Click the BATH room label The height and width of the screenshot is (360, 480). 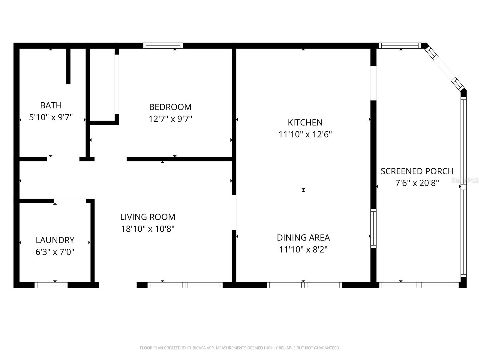[x=51, y=105]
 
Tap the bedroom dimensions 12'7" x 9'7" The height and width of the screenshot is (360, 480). [x=170, y=119]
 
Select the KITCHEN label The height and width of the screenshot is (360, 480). [x=305, y=122]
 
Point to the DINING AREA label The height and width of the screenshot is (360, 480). [x=303, y=238]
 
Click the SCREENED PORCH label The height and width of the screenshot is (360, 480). [x=417, y=171]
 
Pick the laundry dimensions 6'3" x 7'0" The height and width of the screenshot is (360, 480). [x=55, y=252]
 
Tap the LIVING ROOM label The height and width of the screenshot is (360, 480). [x=148, y=217]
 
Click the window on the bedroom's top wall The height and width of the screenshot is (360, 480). [x=163, y=46]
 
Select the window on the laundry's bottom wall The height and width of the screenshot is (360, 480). [x=51, y=285]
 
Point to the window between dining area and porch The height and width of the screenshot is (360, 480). [x=373, y=228]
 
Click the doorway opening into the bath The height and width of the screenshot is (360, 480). [x=63, y=159]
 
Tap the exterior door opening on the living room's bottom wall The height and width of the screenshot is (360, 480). [x=118, y=285]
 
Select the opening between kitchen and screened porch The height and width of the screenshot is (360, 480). [x=373, y=83]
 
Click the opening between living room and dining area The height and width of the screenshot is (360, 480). [x=234, y=212]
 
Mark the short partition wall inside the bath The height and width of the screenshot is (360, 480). [x=68, y=66]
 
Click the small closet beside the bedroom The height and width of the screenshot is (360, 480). [x=102, y=84]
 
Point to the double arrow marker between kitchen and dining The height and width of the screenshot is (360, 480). [x=303, y=190]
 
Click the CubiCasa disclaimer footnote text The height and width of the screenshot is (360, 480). [x=240, y=348]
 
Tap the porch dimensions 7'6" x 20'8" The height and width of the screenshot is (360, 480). [x=417, y=183]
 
